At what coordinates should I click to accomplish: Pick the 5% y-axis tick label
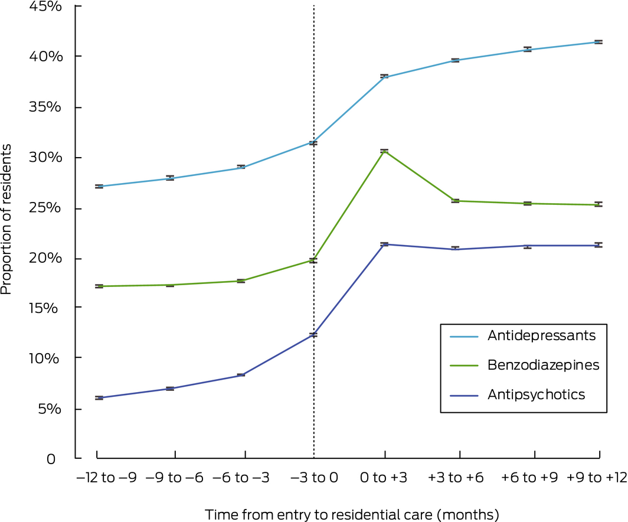point(51,409)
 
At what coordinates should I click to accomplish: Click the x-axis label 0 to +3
point(385,477)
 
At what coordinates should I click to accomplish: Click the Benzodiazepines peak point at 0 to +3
point(384,151)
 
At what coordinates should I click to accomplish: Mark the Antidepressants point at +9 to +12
point(598,42)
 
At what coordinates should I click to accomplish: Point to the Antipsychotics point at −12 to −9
point(99,398)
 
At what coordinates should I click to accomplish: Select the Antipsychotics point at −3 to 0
point(313,335)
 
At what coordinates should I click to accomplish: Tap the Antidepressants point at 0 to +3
point(384,77)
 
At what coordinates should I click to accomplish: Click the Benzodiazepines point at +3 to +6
point(455,201)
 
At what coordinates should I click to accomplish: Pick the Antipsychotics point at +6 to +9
point(527,246)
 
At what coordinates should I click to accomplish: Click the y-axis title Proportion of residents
point(7,225)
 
